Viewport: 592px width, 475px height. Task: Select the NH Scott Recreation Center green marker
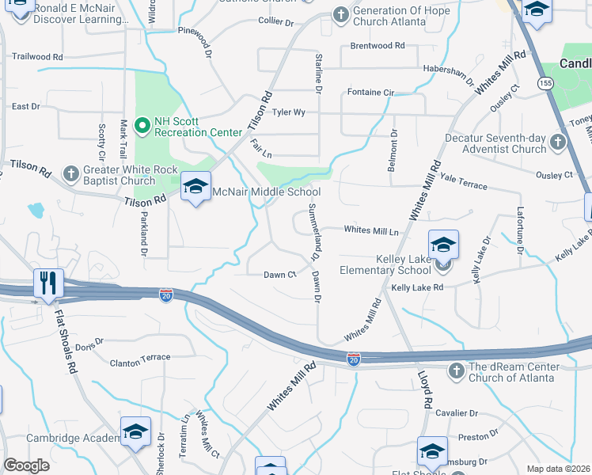point(142,125)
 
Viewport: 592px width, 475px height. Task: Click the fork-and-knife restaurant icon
point(48,283)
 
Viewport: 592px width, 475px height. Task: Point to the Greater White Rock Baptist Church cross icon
point(70,173)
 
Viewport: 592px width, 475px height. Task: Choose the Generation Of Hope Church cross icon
point(340,14)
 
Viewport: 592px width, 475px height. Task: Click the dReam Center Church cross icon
point(456,370)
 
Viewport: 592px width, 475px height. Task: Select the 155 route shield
point(545,82)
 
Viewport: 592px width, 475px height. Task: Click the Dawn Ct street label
point(279,275)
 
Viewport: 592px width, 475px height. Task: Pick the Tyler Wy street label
point(289,112)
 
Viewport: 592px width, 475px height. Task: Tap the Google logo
point(26,465)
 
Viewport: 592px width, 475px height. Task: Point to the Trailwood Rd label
point(37,57)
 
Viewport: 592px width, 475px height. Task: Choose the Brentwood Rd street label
point(371,46)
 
